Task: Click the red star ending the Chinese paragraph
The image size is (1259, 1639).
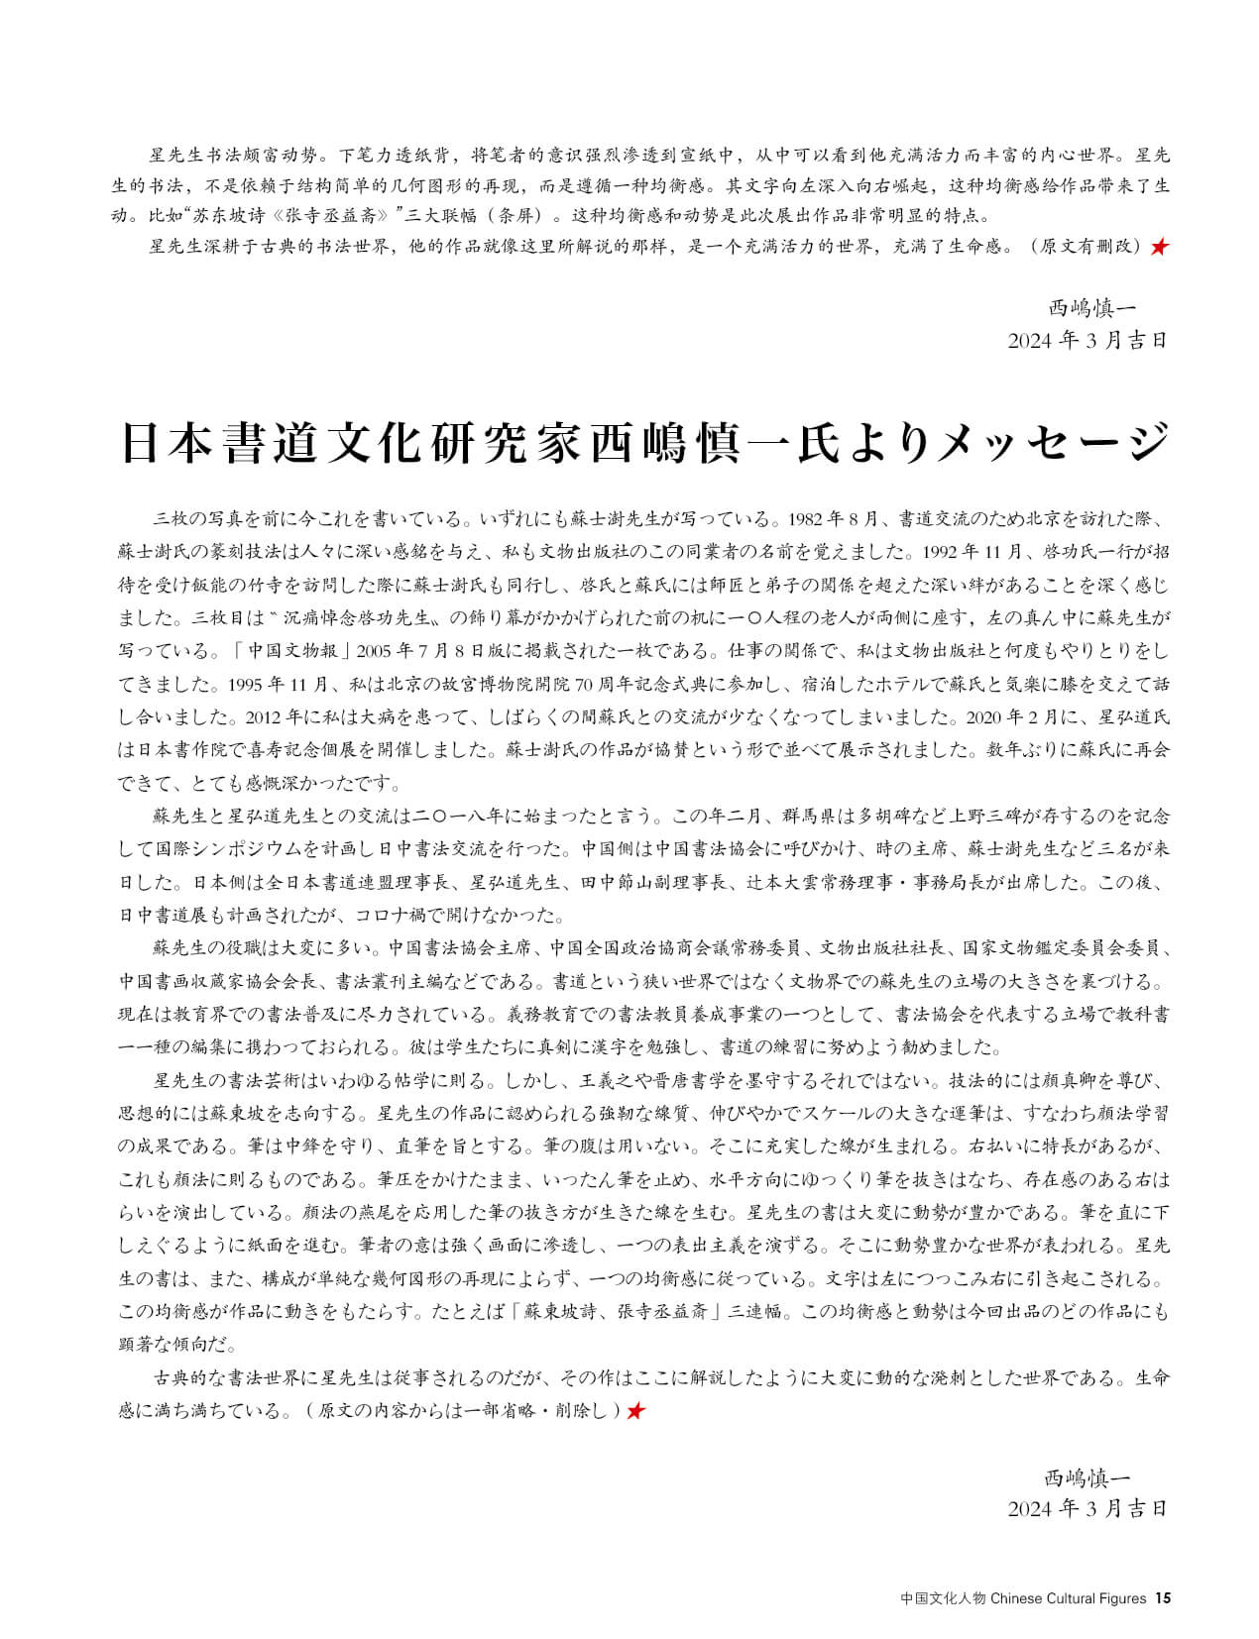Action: coord(1158,247)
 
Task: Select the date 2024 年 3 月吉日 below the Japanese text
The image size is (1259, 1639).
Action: coord(1087,1508)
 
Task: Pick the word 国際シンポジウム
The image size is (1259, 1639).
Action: coord(241,848)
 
